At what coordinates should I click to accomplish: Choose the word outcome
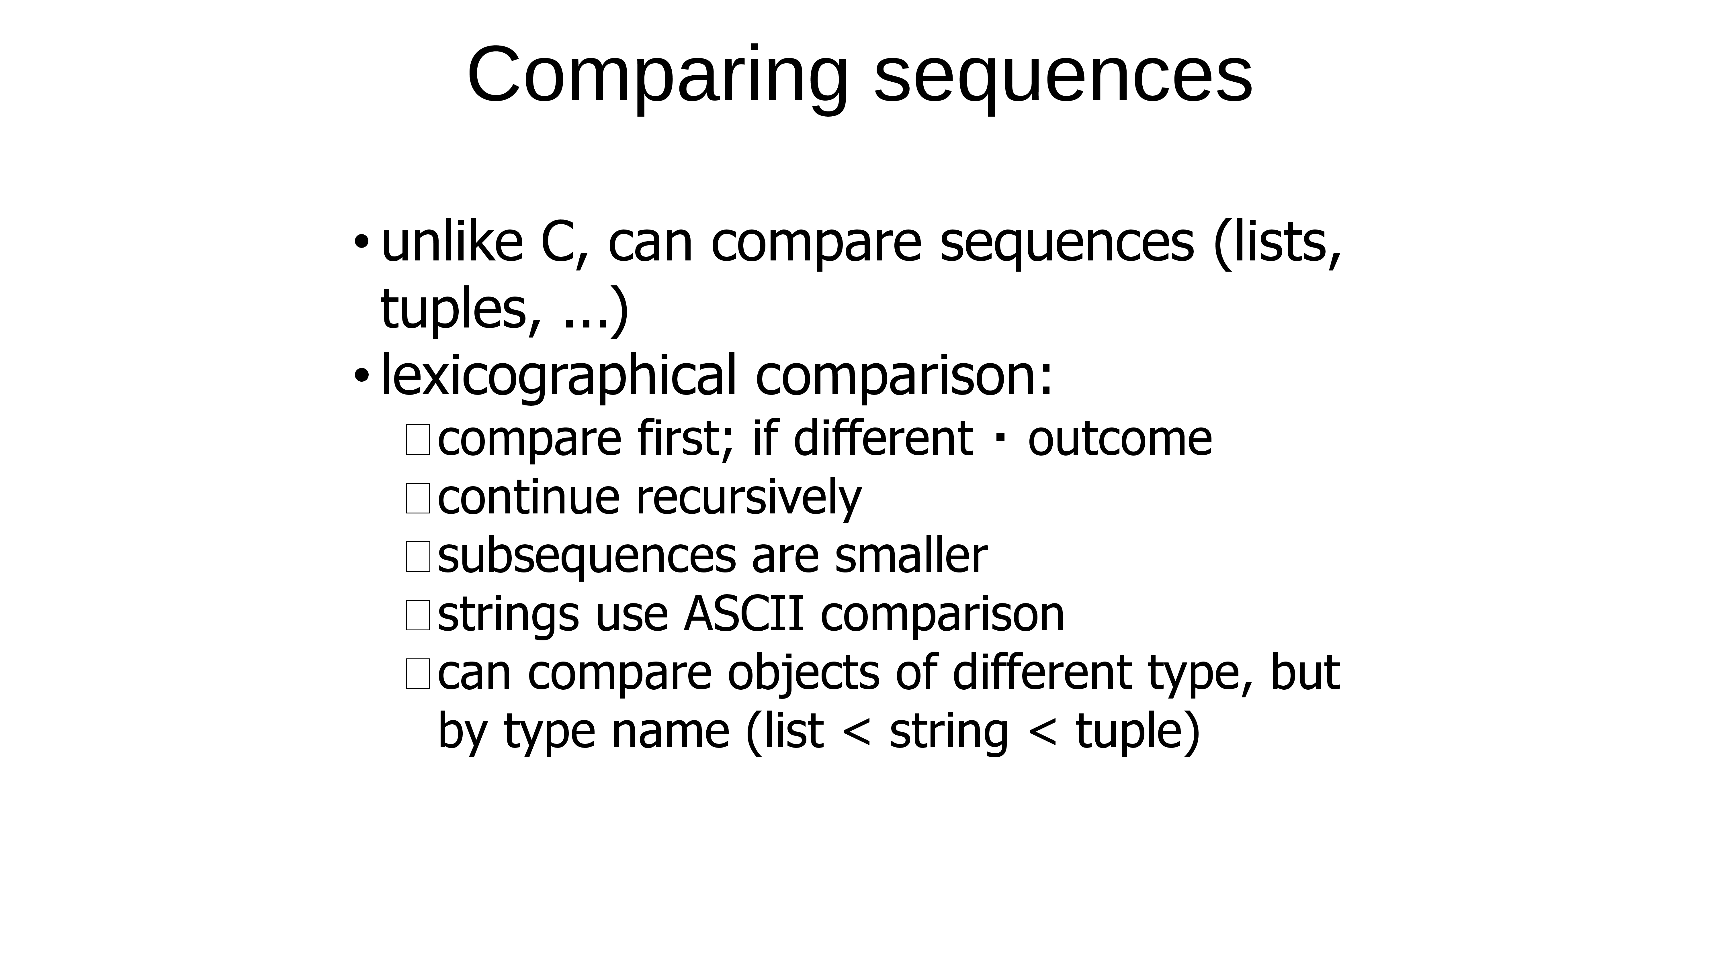tap(1120, 440)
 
